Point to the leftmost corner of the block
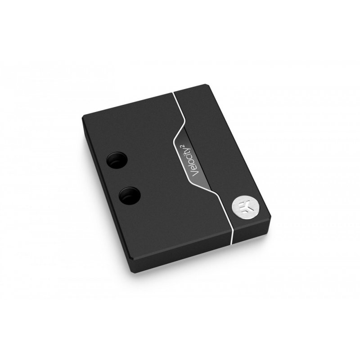click(83, 118)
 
